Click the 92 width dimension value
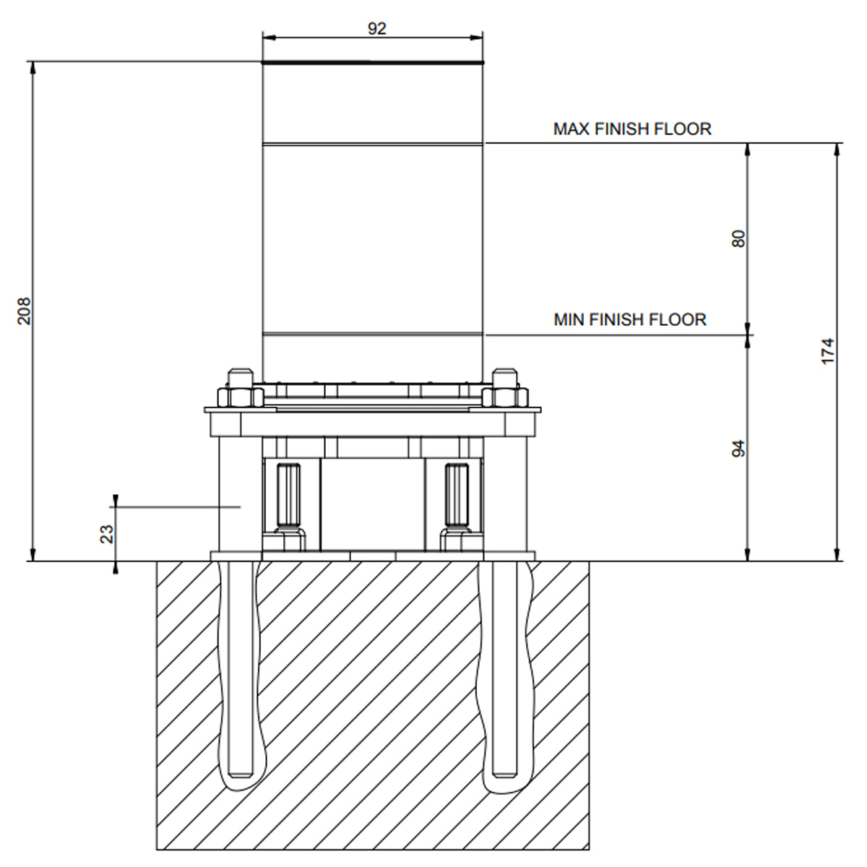tap(377, 29)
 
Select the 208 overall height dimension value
tap(24, 311)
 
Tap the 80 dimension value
tap(738, 238)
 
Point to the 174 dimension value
tap(827, 351)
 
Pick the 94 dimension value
tap(738, 449)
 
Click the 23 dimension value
tap(107, 534)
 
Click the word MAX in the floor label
tap(571, 129)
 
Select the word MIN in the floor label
tap(569, 320)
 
